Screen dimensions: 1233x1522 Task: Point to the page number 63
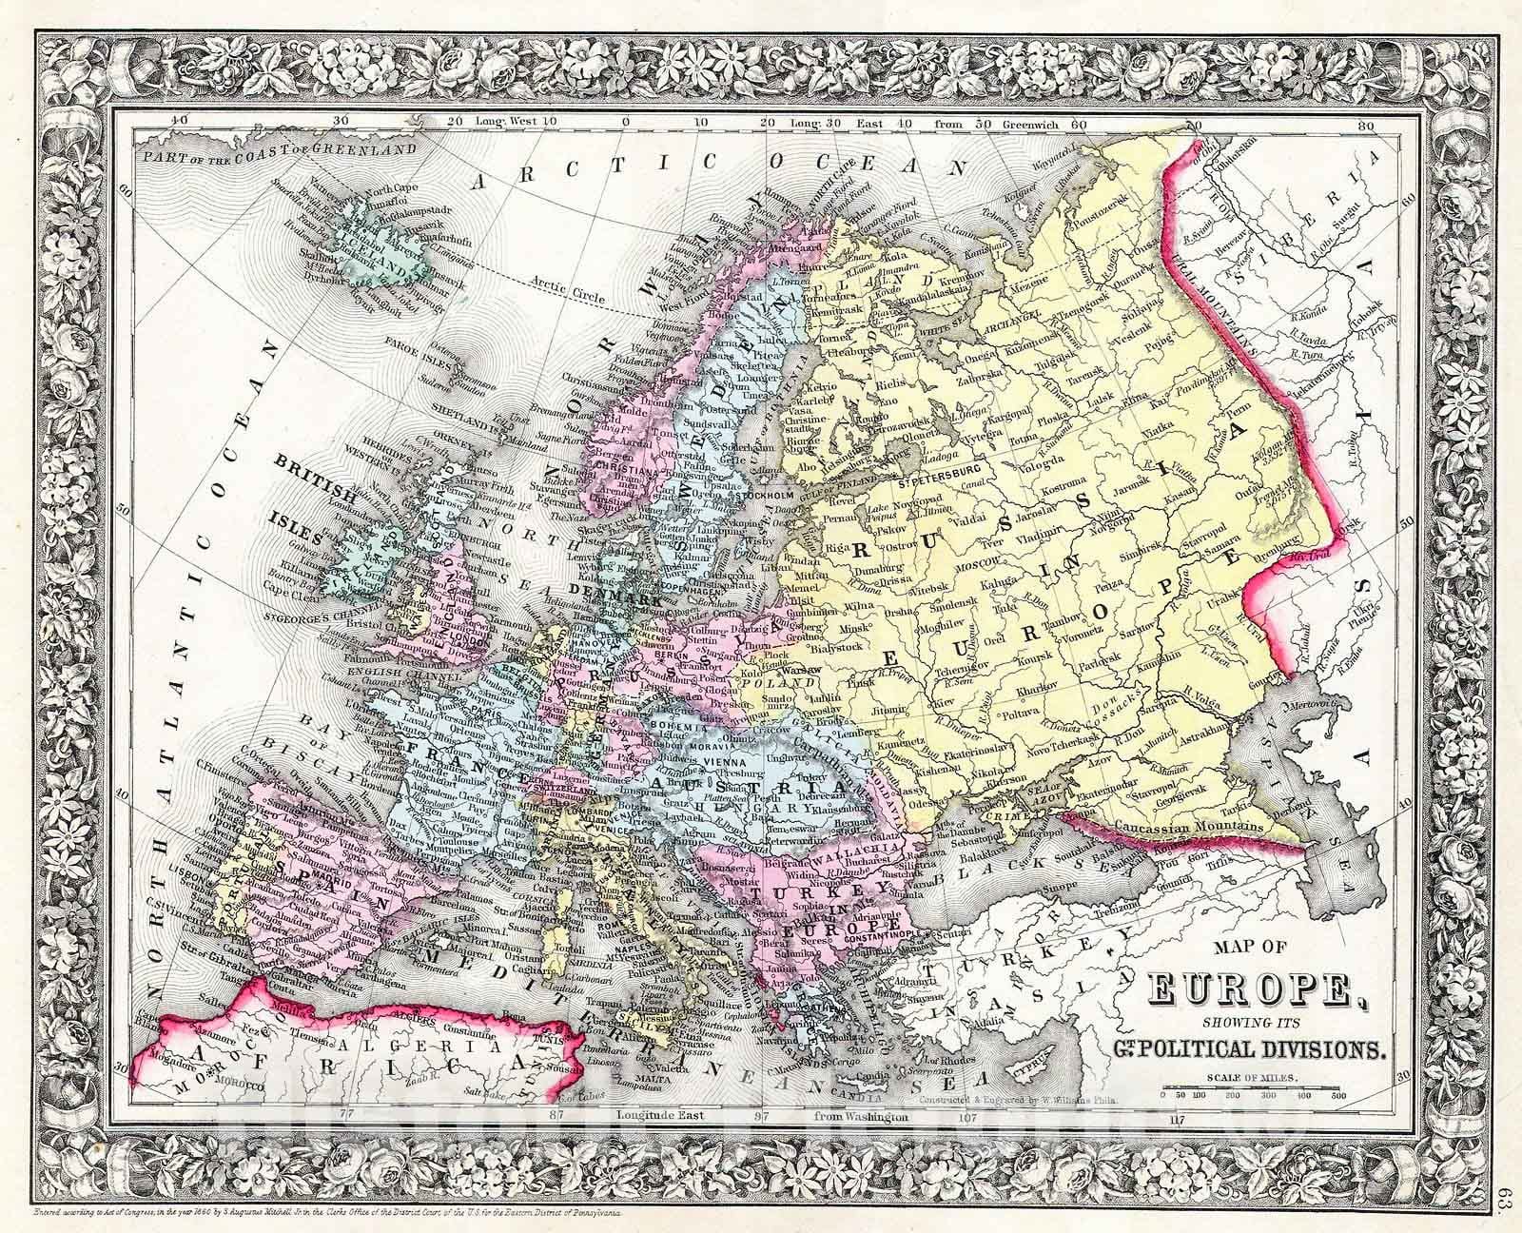tap(1505, 1193)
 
